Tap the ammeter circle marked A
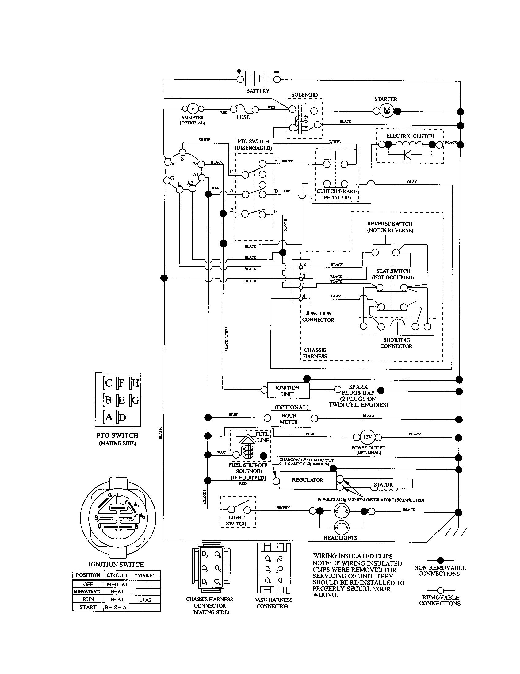coord(193,108)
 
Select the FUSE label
coord(243,117)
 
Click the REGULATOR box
coord(308,480)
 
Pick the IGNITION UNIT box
coord(287,391)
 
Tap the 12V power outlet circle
coord(367,437)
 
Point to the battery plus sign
coord(239,71)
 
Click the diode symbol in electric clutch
coord(407,155)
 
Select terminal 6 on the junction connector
coord(301,298)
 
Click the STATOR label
coord(383,485)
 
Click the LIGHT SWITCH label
coord(236,521)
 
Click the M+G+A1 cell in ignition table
coord(117,584)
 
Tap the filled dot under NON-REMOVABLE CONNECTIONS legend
coord(440,560)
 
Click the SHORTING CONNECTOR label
coord(396,343)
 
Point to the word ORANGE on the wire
coord(205,497)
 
